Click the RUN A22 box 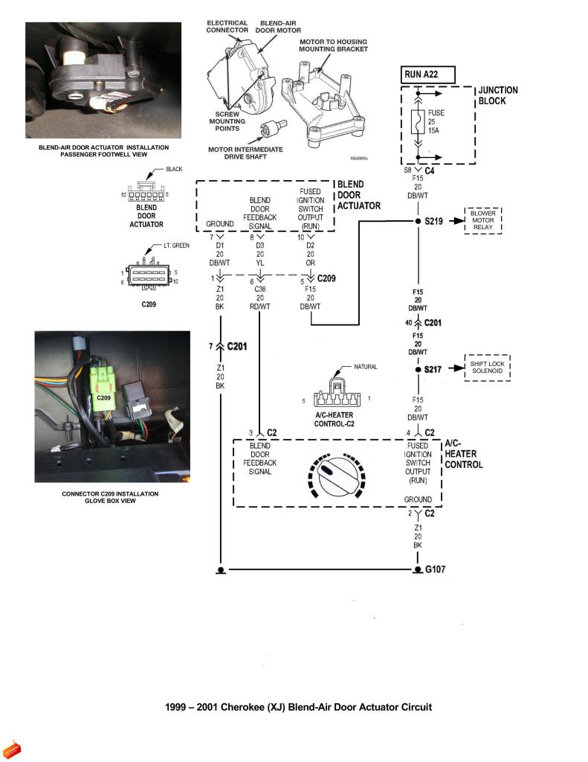pyautogui.click(x=427, y=74)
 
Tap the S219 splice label pyautogui.click(x=434, y=222)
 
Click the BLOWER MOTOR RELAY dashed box pyautogui.click(x=483, y=221)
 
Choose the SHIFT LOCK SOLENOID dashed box pyautogui.click(x=487, y=368)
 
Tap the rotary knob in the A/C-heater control pyautogui.click(x=335, y=475)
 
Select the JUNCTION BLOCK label pyautogui.click(x=497, y=95)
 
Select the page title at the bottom pyautogui.click(x=298, y=707)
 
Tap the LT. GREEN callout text pyautogui.click(x=176, y=245)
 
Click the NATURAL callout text pyautogui.click(x=366, y=368)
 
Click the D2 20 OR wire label pyautogui.click(x=311, y=254)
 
